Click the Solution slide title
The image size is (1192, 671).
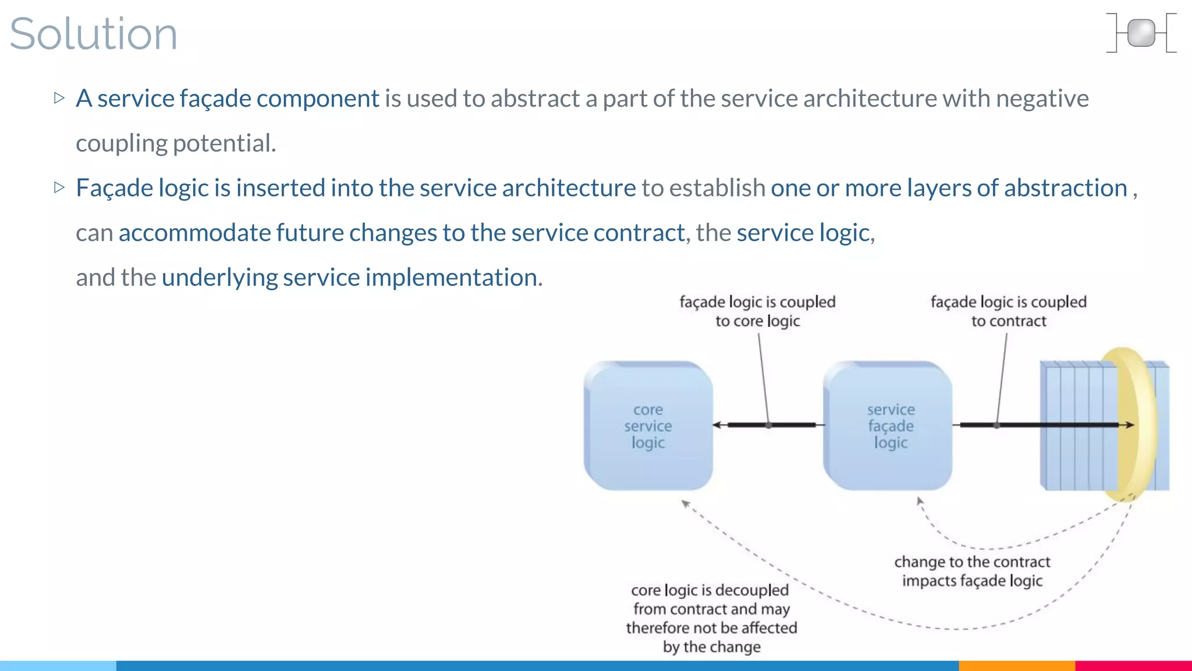93,34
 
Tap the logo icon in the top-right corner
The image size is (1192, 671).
1141,33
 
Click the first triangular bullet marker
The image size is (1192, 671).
59,98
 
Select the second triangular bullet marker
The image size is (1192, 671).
59,188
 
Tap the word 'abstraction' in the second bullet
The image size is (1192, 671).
1065,188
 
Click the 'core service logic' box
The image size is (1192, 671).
648,426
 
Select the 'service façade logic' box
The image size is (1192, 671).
888,426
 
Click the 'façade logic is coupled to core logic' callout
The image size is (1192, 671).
757,312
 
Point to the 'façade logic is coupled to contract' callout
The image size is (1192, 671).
1008,312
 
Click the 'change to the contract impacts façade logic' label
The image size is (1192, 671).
972,571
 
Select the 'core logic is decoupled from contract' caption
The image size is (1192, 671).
711,618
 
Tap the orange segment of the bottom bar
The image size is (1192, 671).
1016,665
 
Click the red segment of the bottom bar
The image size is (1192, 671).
1133,665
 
